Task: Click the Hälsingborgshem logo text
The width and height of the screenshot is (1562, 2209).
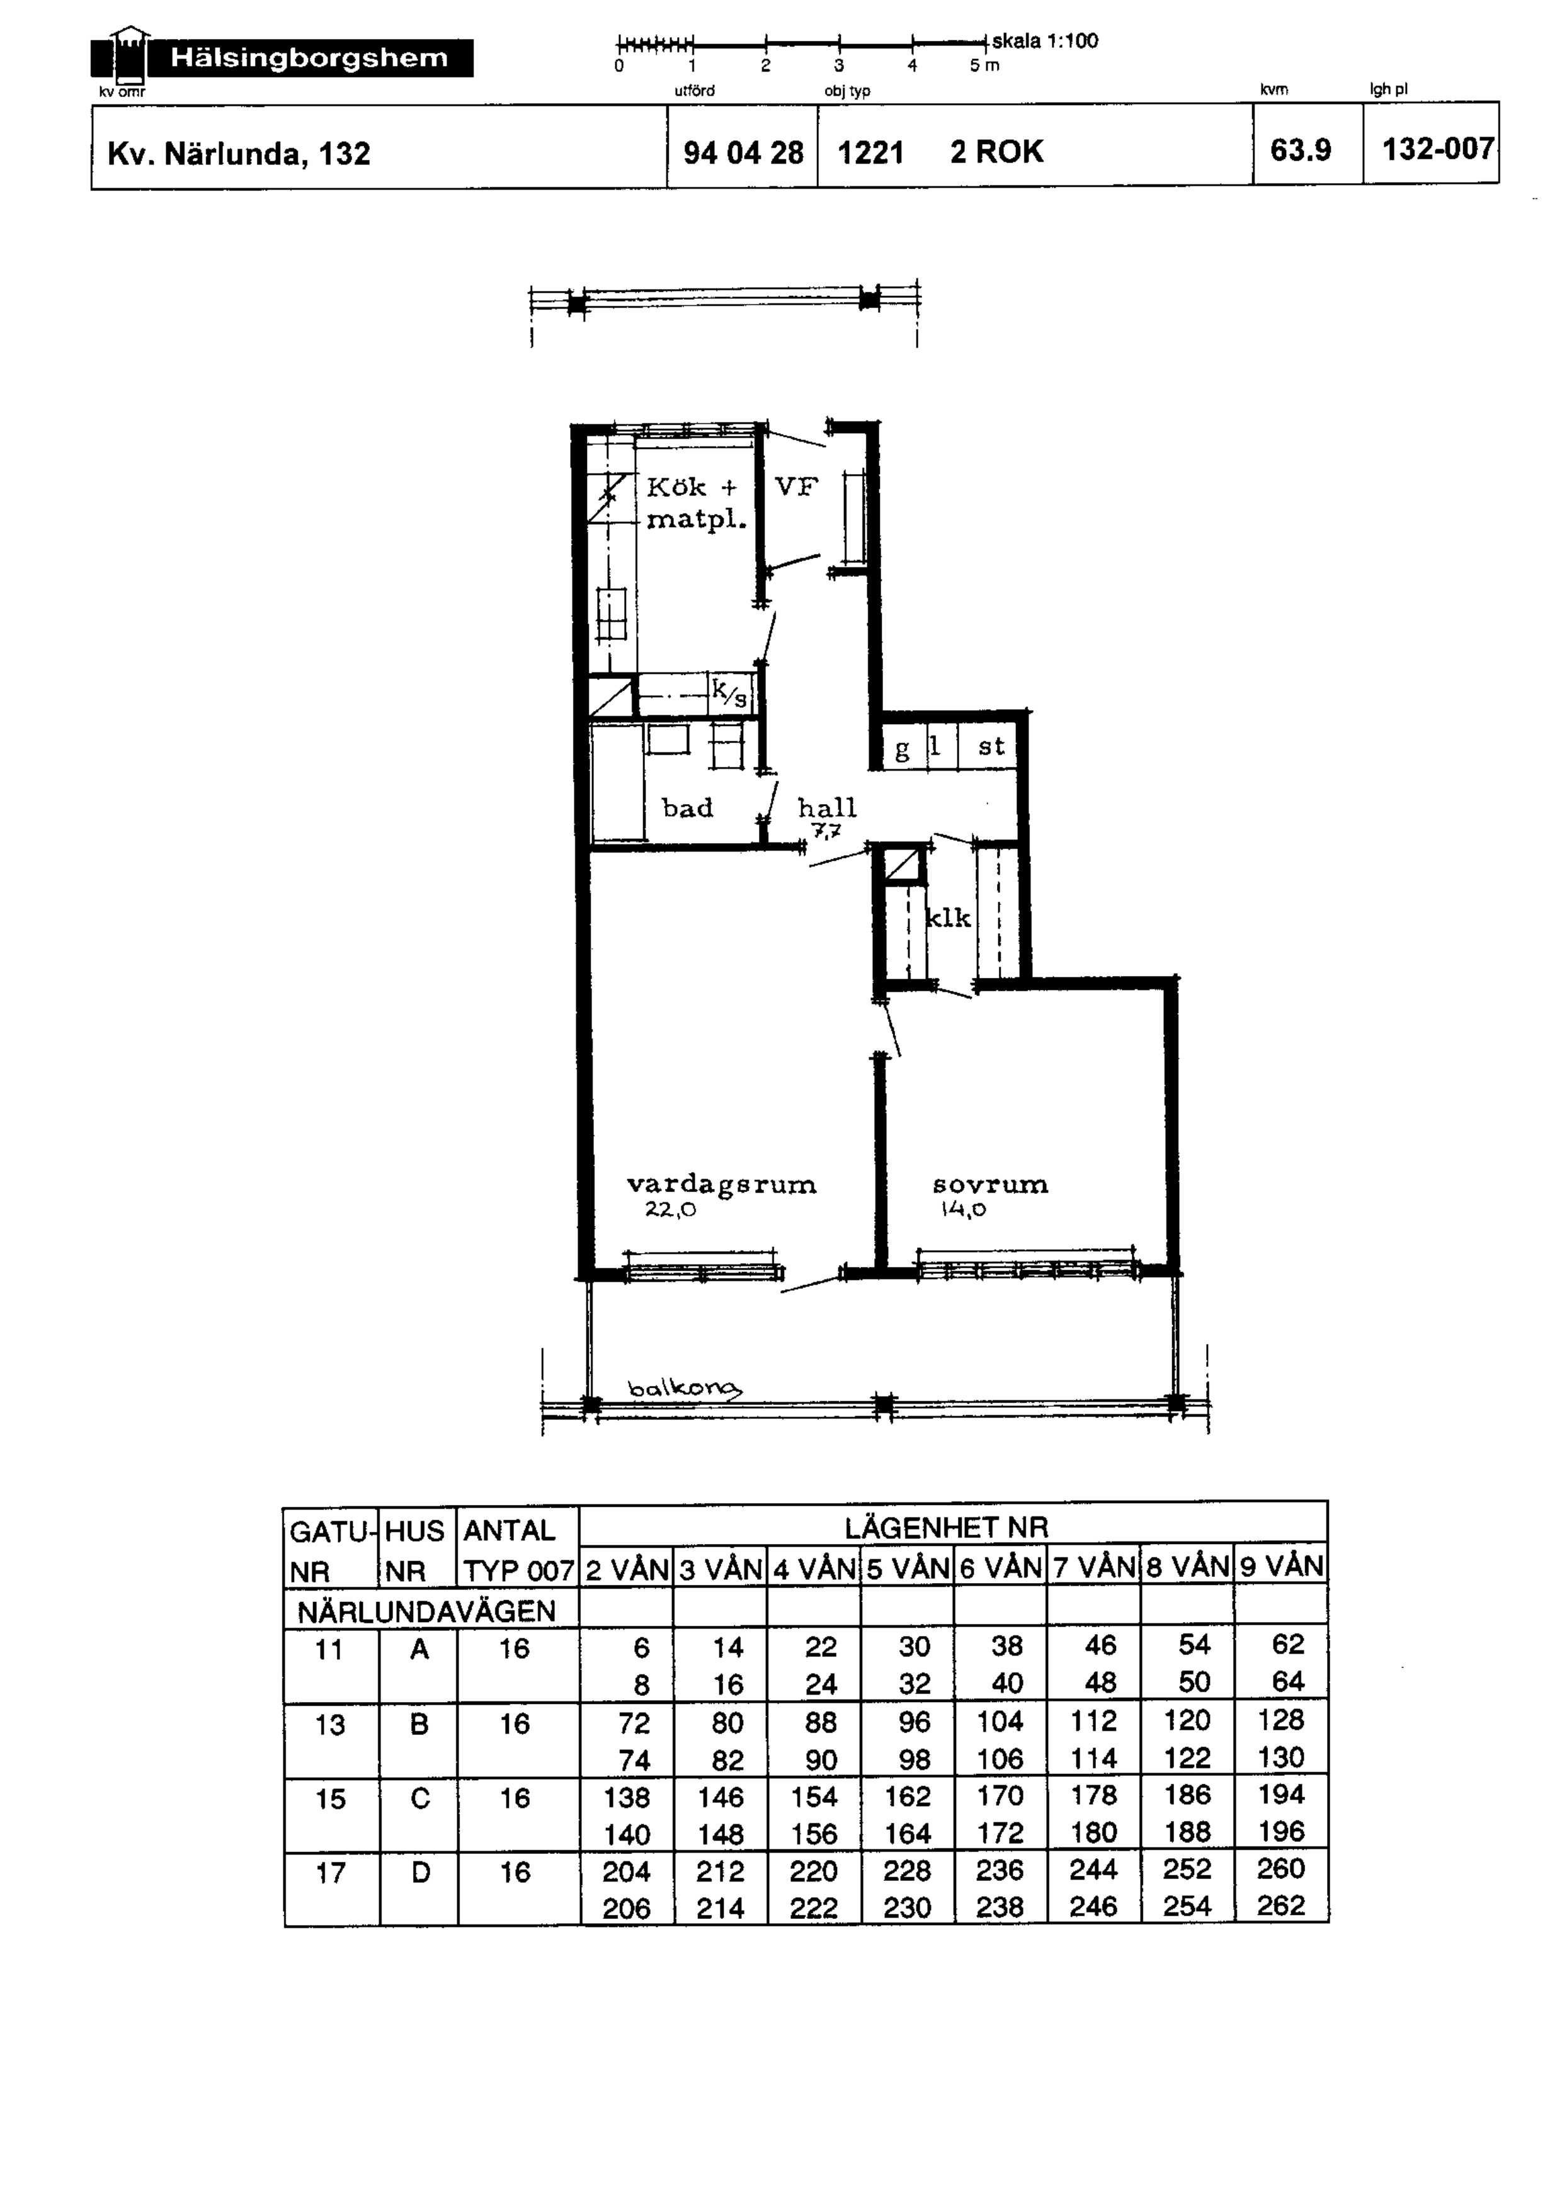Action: coord(309,58)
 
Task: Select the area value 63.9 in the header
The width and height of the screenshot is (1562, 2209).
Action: coord(1300,150)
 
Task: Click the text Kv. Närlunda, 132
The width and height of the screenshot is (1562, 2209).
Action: coord(239,154)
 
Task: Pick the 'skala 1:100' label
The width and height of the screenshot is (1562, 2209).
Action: coord(1045,42)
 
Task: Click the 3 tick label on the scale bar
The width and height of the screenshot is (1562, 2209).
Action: coord(839,65)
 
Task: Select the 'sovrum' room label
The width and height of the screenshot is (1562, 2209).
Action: coord(990,1184)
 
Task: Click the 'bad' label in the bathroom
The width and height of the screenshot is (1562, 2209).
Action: coord(687,807)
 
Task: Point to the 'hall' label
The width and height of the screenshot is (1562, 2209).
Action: coord(827,807)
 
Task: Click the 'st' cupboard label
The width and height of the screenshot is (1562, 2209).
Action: coord(991,747)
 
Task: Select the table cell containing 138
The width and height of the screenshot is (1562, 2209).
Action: coord(627,1797)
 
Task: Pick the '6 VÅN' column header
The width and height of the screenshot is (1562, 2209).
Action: coord(1000,1568)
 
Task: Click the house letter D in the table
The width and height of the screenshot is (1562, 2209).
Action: coord(419,1872)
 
